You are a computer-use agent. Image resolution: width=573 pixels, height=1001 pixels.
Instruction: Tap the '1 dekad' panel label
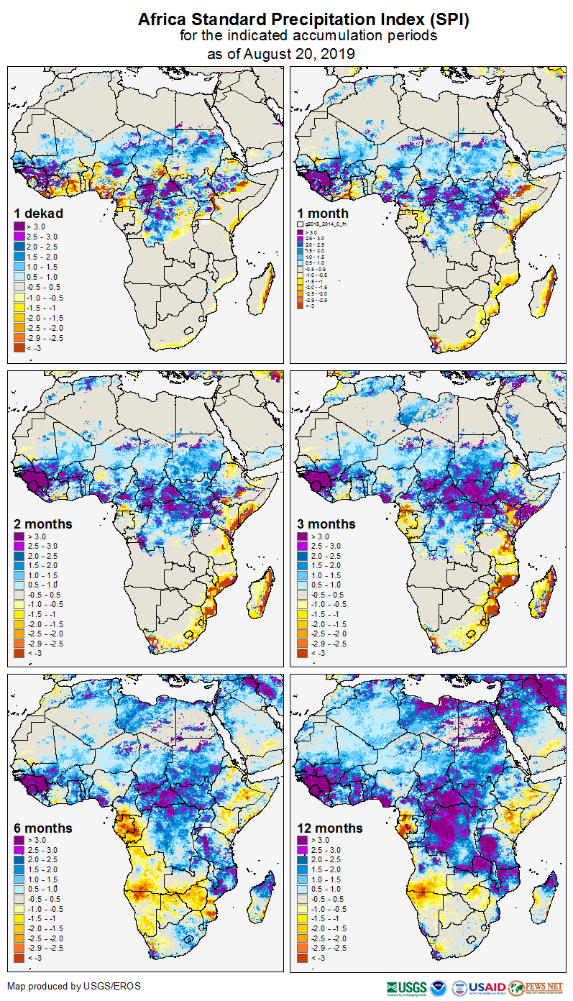tap(39, 214)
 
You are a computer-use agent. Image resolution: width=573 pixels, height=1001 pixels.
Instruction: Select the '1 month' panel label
tap(323, 214)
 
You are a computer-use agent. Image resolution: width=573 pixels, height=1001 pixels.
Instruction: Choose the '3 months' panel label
tap(326, 524)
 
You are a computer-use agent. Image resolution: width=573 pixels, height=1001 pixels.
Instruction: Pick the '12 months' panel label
tap(330, 828)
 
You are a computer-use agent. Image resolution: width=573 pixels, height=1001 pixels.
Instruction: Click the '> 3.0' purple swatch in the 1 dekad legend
tap(19, 227)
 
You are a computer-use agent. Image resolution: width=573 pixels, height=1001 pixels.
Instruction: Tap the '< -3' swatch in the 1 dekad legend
tap(19, 348)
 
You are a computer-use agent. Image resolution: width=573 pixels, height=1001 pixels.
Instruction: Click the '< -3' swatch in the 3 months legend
tap(302, 653)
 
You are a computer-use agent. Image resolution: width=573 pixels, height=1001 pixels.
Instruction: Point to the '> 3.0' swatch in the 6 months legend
tap(19, 840)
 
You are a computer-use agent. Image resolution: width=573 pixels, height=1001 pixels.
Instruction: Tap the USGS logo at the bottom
tap(407, 987)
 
